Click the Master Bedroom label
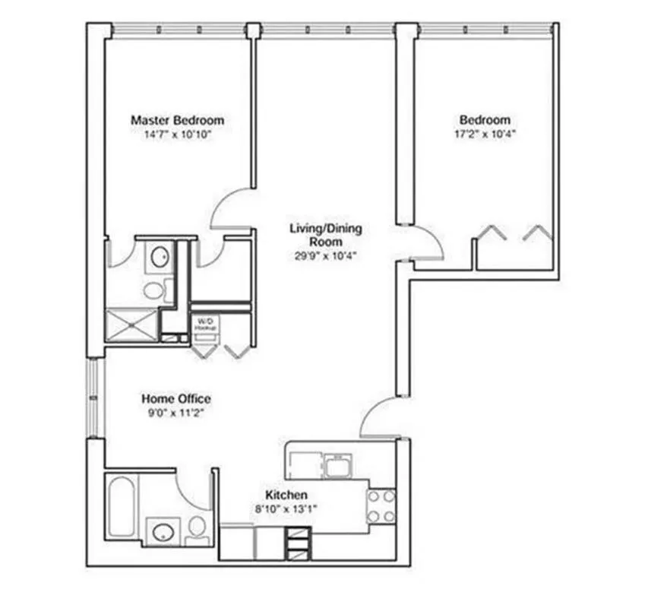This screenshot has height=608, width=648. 177,120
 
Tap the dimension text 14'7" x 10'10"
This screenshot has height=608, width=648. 177,134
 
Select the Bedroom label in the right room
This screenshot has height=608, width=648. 484,120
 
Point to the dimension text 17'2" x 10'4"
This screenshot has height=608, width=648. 484,134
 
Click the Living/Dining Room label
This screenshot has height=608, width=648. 325,234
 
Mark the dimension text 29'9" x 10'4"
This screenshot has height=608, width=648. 325,255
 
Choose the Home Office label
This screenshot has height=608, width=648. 176,399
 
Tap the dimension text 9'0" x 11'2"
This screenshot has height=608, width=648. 176,413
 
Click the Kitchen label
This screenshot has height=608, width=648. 286,495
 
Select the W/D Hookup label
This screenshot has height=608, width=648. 206,324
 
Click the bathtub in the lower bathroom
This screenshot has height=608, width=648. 122,505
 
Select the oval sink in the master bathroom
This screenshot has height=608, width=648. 160,257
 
